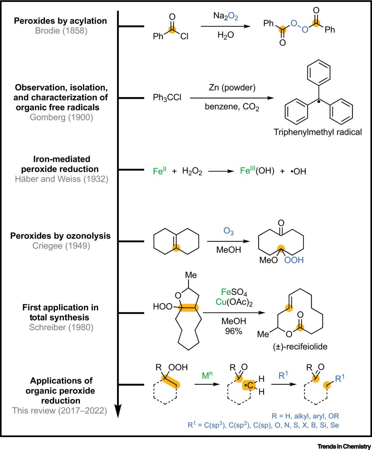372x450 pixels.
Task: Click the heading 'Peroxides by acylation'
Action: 61,21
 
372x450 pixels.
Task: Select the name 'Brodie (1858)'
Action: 61,31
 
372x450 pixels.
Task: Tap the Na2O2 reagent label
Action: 225,16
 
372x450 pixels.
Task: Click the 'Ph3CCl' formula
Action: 167,98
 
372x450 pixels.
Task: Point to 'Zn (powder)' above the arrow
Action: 232,87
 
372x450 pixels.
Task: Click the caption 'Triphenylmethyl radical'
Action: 318,132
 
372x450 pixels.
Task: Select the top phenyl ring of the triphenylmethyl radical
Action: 318,71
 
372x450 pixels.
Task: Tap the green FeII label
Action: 160,171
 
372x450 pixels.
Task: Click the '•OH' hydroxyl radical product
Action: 298,171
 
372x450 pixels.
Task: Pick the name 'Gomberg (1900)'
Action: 61,117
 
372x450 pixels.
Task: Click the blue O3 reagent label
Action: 228,231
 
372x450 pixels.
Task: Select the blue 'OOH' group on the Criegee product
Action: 294,260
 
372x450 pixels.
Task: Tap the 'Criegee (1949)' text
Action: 61,246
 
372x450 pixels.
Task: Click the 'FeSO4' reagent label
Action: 234,292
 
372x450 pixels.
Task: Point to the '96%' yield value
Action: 233,331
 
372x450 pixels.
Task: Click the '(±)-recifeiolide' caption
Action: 300,347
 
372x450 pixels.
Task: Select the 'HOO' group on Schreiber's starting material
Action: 162,306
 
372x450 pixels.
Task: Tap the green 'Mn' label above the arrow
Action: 207,375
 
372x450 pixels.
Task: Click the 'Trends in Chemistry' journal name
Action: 344,446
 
